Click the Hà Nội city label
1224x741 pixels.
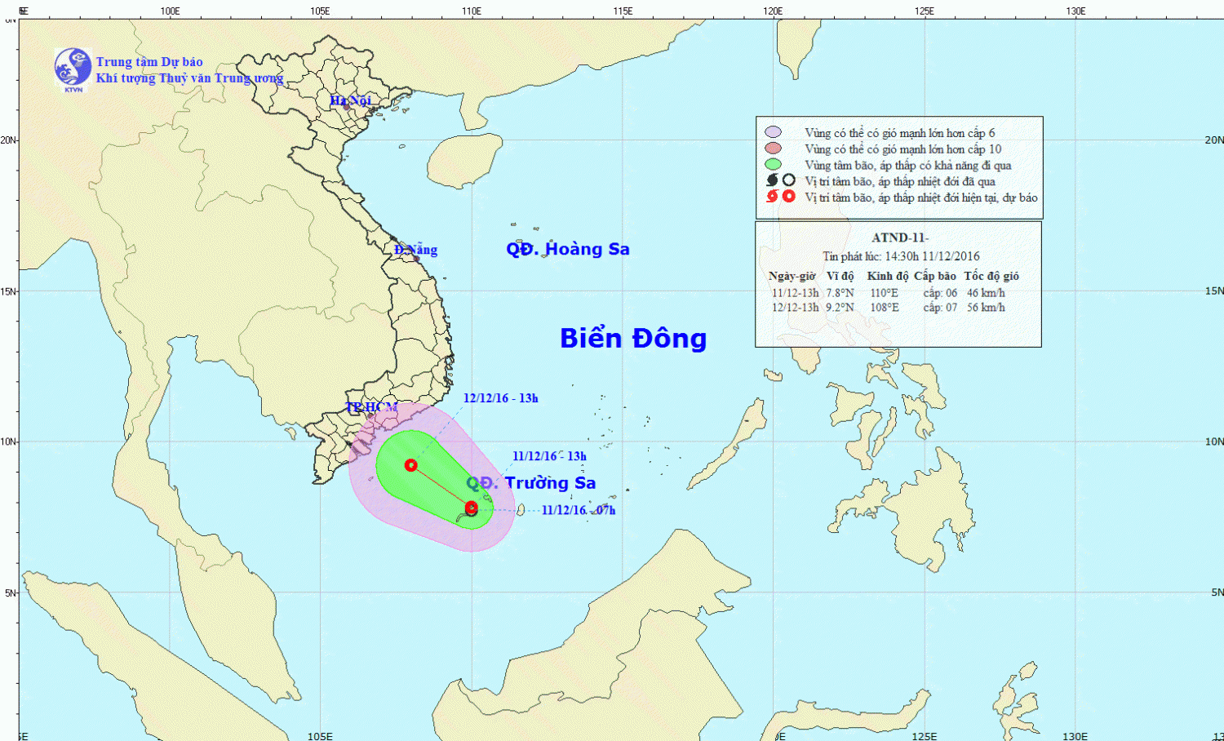(x=350, y=100)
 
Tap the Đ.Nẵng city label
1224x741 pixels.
(x=415, y=250)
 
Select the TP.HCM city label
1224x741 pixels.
(x=371, y=407)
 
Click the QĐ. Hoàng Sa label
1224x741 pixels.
(x=568, y=249)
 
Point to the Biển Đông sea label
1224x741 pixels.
(x=633, y=338)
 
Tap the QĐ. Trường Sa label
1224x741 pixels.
(x=531, y=483)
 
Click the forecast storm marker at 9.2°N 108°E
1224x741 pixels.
(x=411, y=465)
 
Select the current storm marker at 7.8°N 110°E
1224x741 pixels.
(x=471, y=508)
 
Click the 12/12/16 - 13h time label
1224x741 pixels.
(x=500, y=398)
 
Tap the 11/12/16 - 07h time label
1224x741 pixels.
(x=579, y=510)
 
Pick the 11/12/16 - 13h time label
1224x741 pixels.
(x=549, y=456)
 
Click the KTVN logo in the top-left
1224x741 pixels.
(x=73, y=69)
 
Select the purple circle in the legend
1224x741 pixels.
(x=773, y=132)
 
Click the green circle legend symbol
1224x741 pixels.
(x=773, y=165)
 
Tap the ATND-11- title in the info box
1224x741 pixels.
(x=899, y=237)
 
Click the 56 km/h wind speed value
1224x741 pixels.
(x=986, y=308)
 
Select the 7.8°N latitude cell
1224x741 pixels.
(x=840, y=293)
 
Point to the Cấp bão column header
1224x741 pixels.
(x=935, y=276)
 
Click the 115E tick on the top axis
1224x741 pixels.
(x=623, y=11)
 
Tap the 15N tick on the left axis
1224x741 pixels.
(x=8, y=291)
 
